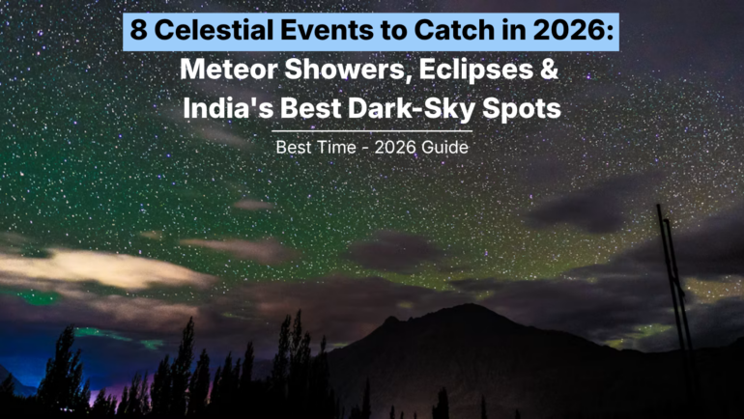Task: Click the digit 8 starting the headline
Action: click(138, 31)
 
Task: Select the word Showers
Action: click(347, 71)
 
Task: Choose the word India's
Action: click(227, 108)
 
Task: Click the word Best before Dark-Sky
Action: click(311, 108)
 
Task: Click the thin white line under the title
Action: click(372, 131)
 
